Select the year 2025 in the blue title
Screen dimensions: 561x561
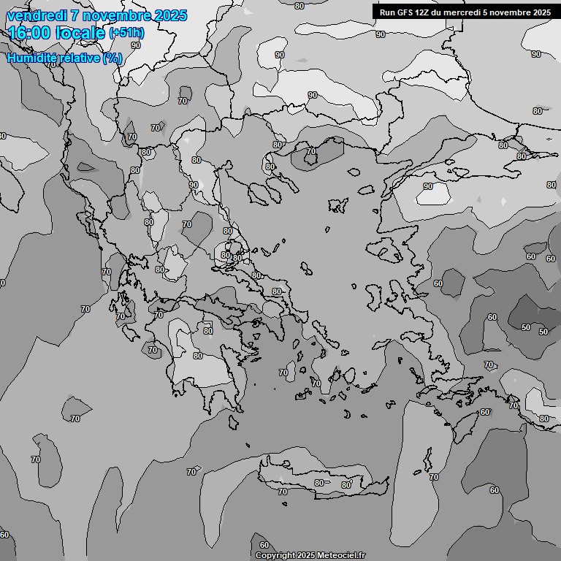point(170,15)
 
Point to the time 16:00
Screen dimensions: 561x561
point(28,33)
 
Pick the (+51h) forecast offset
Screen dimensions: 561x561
point(126,34)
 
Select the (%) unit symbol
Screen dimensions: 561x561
point(112,58)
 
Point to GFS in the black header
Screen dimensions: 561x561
point(405,12)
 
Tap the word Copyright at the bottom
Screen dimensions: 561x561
point(275,556)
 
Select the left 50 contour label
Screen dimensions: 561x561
point(526,328)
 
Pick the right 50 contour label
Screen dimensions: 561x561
point(543,332)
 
